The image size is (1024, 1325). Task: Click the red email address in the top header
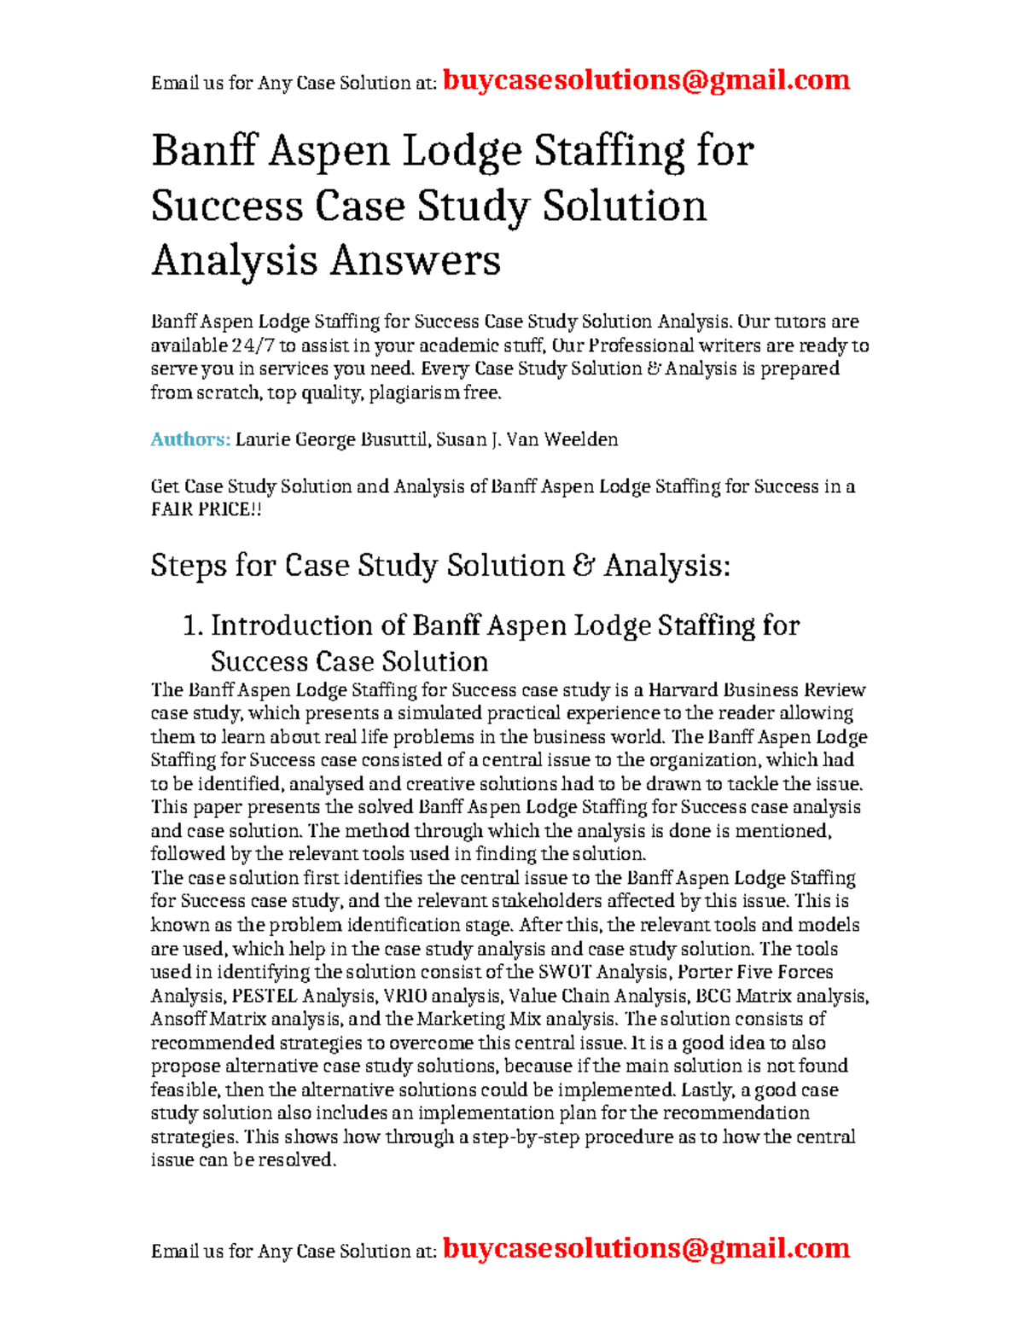[x=646, y=80]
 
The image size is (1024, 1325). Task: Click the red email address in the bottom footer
[x=646, y=1248]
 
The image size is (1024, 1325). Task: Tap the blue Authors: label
[x=190, y=439]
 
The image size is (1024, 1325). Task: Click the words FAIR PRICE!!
[x=206, y=509]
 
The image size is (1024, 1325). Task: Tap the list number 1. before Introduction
[x=193, y=626]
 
